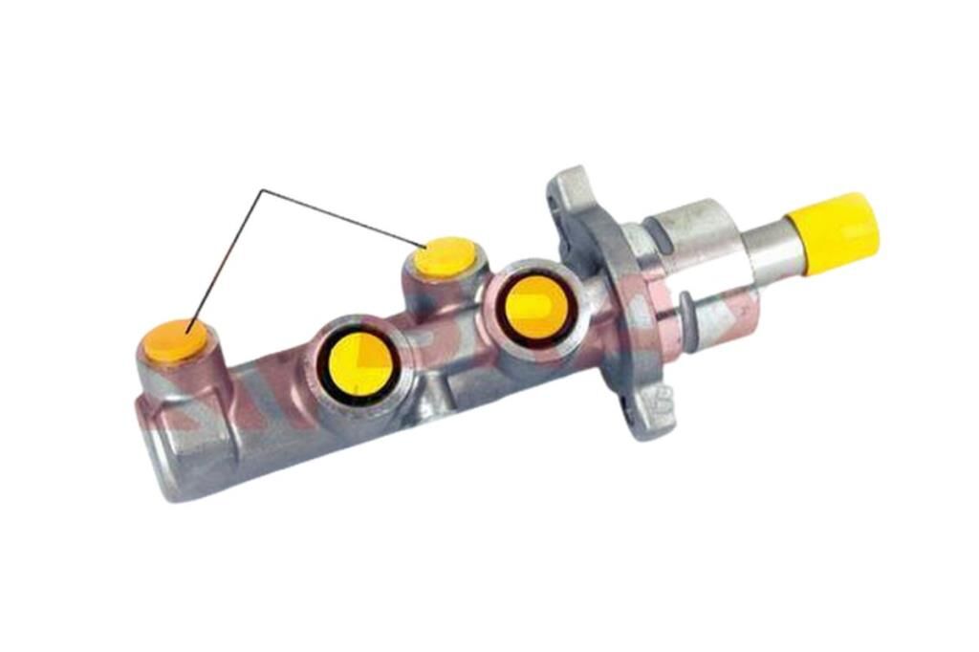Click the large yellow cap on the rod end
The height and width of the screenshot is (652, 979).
[833, 232]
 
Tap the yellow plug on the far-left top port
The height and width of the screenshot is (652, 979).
[174, 341]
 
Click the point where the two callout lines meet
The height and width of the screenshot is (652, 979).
[261, 190]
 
